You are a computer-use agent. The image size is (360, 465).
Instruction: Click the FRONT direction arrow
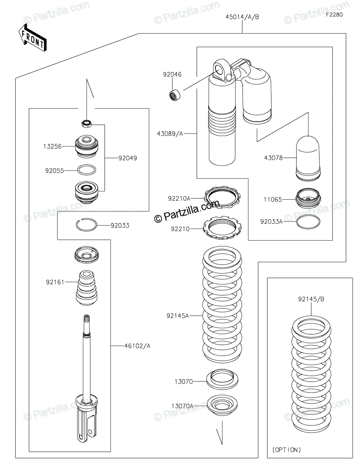point(33,38)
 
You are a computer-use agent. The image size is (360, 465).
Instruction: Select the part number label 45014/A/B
point(242,17)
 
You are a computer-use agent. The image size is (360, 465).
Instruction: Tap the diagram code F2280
point(334,15)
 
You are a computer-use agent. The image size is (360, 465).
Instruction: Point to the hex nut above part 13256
point(87,124)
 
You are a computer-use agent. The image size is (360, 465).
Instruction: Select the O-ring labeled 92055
point(87,170)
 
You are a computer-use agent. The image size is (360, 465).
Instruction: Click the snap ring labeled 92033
point(87,225)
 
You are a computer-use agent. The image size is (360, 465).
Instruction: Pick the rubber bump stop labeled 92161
point(87,288)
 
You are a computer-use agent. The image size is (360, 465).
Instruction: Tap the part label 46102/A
point(137,346)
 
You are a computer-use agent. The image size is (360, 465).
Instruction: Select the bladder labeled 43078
point(308,158)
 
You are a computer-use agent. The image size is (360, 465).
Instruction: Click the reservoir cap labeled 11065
point(308,198)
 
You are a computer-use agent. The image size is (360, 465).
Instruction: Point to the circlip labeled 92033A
point(308,222)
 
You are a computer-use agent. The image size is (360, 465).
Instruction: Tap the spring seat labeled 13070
point(222,379)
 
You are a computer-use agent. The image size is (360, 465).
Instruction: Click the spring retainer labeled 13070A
point(222,405)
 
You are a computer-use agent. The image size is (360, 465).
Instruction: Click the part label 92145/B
point(311,299)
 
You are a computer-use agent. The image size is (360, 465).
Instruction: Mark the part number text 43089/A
point(170,134)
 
